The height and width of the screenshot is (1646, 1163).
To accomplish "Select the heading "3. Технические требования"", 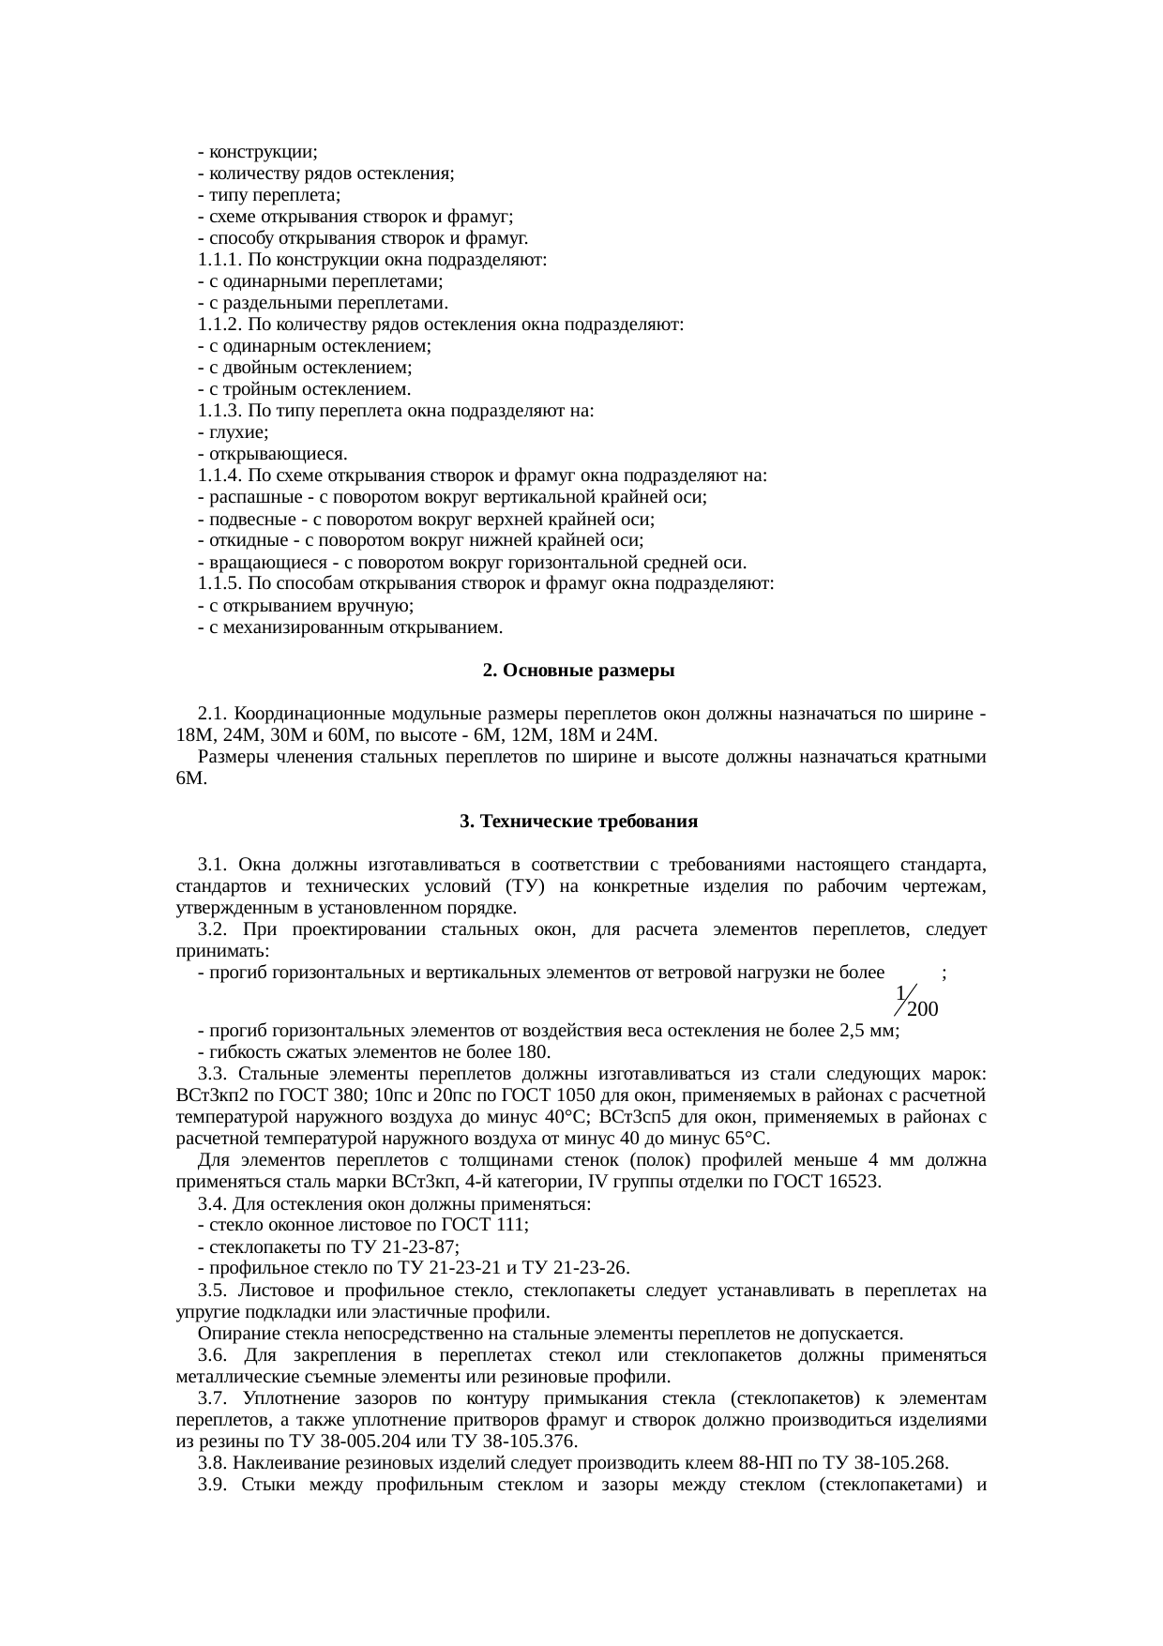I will coord(579,821).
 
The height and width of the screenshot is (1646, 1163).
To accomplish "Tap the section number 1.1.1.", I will coord(220,259).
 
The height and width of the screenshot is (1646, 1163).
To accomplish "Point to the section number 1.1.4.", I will coord(220,475).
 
